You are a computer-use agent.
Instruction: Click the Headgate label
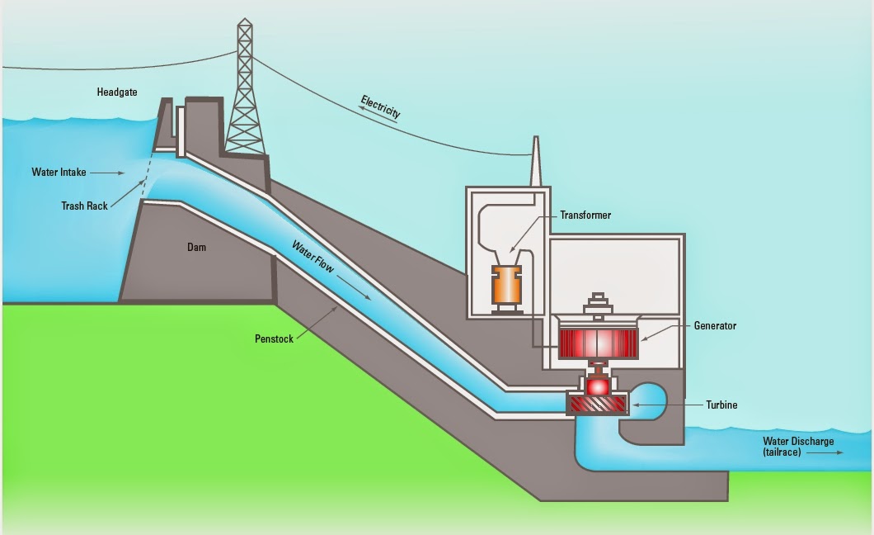pyautogui.click(x=117, y=92)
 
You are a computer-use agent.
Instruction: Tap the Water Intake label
pyautogui.click(x=59, y=172)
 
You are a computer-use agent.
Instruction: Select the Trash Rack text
pyautogui.click(x=84, y=206)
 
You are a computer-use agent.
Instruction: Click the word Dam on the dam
pyautogui.click(x=197, y=247)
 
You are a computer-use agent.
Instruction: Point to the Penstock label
pyautogui.click(x=274, y=339)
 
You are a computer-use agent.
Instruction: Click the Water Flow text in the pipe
pyautogui.click(x=313, y=257)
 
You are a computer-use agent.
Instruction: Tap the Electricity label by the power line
pyautogui.click(x=381, y=106)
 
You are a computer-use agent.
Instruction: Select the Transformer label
pyautogui.click(x=585, y=215)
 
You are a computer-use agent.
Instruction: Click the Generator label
pyautogui.click(x=715, y=325)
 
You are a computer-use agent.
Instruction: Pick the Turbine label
pyautogui.click(x=721, y=405)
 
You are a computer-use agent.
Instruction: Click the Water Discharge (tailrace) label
pyautogui.click(x=798, y=447)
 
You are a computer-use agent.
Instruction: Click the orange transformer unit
pyautogui.click(x=506, y=288)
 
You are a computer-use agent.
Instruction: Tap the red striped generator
pyautogui.click(x=598, y=343)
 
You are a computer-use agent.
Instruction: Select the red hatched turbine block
pyautogui.click(x=598, y=404)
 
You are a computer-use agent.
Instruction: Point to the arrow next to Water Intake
pyautogui.click(x=107, y=173)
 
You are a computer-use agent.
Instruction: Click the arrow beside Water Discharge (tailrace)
pyautogui.click(x=825, y=452)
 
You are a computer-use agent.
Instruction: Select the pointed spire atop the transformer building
pyautogui.click(x=536, y=161)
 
